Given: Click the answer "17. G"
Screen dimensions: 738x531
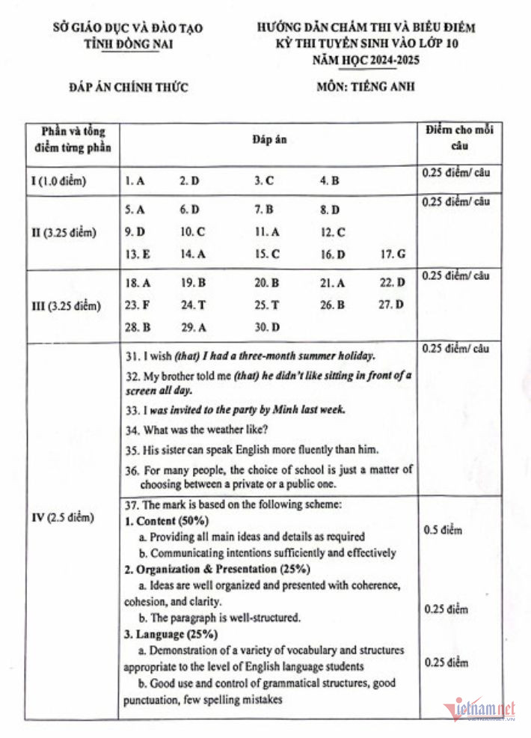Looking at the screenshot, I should pyautogui.click(x=393, y=254).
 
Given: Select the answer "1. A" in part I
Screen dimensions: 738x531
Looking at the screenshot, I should pyautogui.click(x=135, y=180).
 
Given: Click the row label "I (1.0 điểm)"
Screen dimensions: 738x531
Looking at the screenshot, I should pyautogui.click(x=59, y=181).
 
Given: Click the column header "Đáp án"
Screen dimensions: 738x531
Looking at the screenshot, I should pyautogui.click(x=268, y=139).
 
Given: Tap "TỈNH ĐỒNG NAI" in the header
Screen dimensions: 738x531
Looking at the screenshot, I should pyautogui.click(x=128, y=43).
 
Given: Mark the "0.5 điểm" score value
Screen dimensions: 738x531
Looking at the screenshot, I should pyautogui.click(x=443, y=530).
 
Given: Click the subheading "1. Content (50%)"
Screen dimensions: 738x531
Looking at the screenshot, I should pyautogui.click(x=166, y=520).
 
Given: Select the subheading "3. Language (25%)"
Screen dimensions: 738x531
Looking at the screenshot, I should pyautogui.click(x=171, y=634).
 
